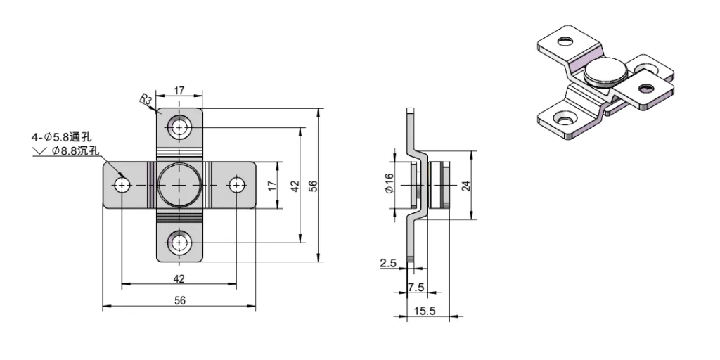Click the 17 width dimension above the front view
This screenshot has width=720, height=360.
click(x=179, y=90)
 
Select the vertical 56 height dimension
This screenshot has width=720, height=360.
click(x=314, y=186)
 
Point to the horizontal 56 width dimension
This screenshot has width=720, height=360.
click(x=179, y=300)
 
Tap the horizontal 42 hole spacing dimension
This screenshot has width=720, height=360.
click(x=179, y=278)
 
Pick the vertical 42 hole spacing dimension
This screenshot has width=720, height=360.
click(x=295, y=186)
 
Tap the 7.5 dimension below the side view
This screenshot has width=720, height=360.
click(x=416, y=287)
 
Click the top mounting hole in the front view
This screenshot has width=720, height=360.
click(x=179, y=128)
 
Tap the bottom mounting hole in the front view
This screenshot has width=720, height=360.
click(x=179, y=243)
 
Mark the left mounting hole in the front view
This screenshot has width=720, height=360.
click(x=122, y=186)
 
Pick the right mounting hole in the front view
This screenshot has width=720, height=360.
click(x=237, y=186)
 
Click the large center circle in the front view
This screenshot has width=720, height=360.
click(x=179, y=186)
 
